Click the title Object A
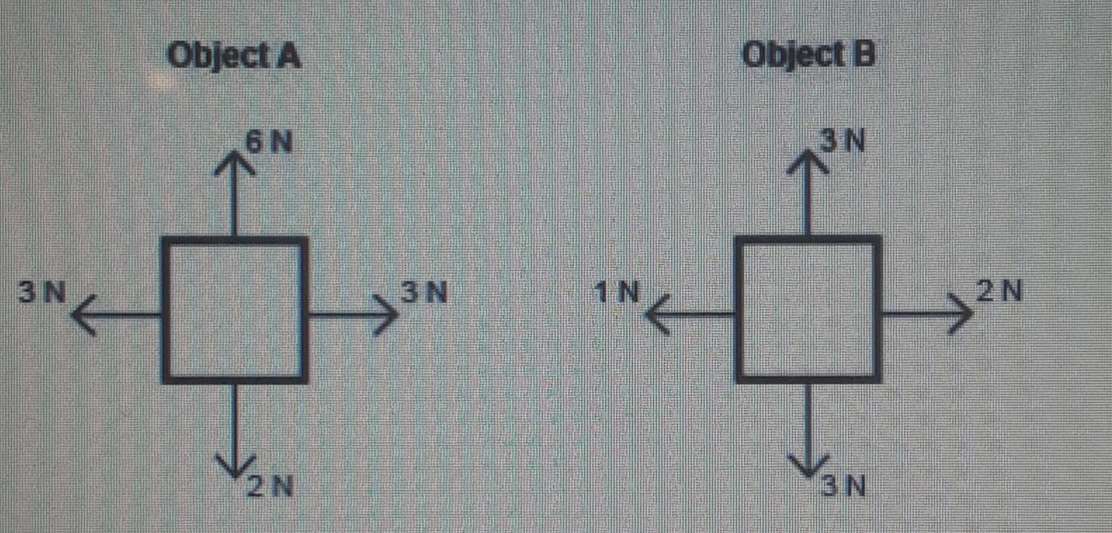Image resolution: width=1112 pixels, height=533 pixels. tap(234, 56)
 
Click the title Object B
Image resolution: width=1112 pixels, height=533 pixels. tap(809, 54)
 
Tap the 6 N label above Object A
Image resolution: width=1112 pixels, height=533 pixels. tap(269, 143)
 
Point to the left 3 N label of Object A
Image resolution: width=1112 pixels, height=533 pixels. tap(42, 292)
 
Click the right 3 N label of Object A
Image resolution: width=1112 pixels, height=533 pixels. tap(424, 292)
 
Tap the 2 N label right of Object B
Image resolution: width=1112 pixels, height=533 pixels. tap(999, 290)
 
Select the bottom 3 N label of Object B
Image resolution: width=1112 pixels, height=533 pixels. tap(844, 486)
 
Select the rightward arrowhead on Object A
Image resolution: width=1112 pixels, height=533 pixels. tap(386, 314)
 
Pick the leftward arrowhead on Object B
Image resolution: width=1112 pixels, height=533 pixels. tap(657, 314)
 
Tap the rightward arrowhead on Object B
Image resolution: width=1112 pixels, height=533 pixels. tap(961, 314)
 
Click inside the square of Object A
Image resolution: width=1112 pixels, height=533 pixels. tap(235, 310)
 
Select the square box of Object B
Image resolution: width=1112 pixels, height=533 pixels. tap(809, 310)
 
